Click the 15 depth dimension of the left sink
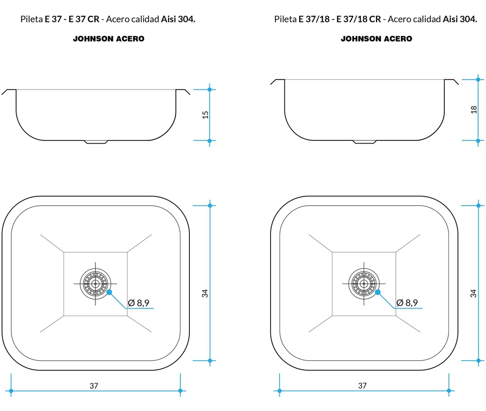click(x=205, y=115)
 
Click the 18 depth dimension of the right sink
click(x=474, y=110)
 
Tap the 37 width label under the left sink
click(x=94, y=385)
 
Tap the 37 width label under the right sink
click(x=362, y=385)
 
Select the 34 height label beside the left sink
click(x=205, y=293)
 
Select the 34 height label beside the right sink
click(x=473, y=293)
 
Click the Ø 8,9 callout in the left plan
click(x=139, y=302)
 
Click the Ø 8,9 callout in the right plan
click(x=407, y=302)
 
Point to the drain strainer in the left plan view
click(x=95, y=283)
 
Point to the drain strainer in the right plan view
click(x=364, y=283)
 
